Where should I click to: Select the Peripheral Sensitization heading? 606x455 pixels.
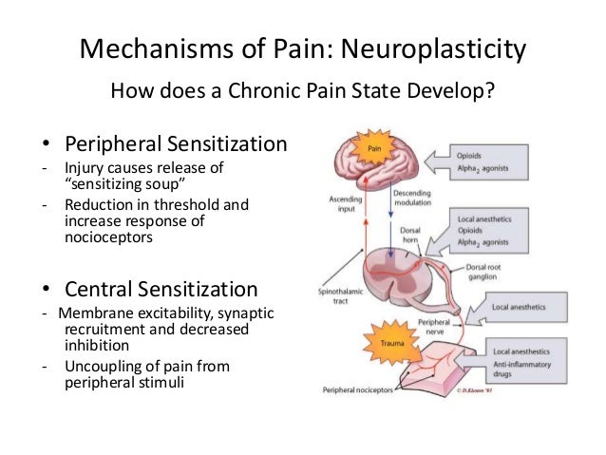175,144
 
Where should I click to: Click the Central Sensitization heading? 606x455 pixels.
160,288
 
